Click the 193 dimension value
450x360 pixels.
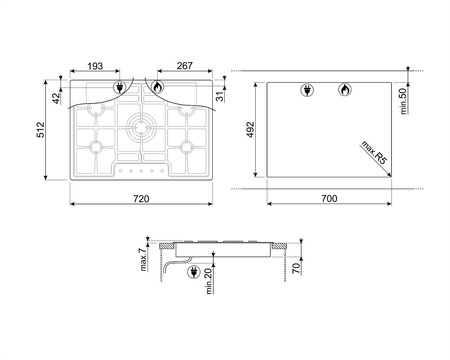pyautogui.click(x=95, y=66)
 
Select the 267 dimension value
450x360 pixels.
pyautogui.click(x=185, y=66)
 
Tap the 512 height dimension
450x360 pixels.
pyautogui.click(x=40, y=130)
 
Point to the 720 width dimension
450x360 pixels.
pyautogui.click(x=141, y=199)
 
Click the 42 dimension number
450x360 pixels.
pyautogui.click(x=56, y=98)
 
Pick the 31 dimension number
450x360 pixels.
pyautogui.click(x=220, y=97)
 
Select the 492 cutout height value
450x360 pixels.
pyautogui.click(x=250, y=130)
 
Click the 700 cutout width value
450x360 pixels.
pyautogui.click(x=329, y=198)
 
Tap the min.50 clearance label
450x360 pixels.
pyautogui.click(x=404, y=101)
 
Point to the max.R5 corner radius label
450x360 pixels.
pyautogui.click(x=374, y=152)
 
